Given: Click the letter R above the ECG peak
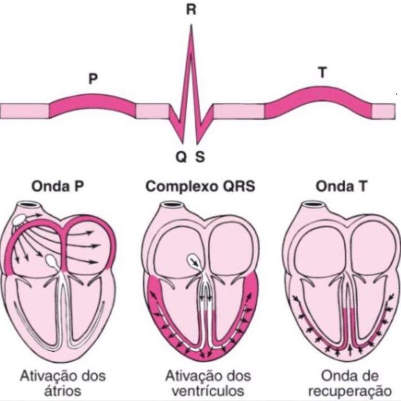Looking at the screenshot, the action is [x=191, y=10].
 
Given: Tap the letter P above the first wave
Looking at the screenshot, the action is [x=93, y=79].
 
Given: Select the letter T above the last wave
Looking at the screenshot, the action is [x=323, y=72].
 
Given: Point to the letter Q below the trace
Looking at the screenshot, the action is [x=182, y=157].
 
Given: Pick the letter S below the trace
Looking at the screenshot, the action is [x=200, y=157].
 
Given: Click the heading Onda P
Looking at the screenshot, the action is [x=57, y=186].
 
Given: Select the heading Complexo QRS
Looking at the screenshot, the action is [x=200, y=187].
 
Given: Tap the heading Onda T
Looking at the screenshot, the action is [x=341, y=186].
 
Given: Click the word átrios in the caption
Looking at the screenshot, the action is [x=62, y=391].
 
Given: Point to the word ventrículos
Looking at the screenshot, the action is [x=207, y=391].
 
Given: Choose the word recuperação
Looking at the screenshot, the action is [x=350, y=391].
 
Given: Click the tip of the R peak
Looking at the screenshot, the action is [x=191, y=25].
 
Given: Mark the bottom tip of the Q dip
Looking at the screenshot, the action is [x=183, y=143].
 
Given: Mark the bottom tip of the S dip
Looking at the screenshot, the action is [x=197, y=143].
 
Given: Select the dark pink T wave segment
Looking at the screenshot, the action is [x=319, y=99].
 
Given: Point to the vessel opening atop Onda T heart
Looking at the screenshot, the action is [x=313, y=205].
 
